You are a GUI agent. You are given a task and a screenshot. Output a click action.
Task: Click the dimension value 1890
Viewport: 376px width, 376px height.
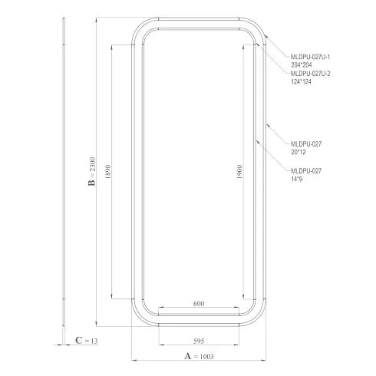tap(108, 172)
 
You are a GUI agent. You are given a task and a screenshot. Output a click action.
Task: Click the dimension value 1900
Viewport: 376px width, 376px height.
tap(239, 172)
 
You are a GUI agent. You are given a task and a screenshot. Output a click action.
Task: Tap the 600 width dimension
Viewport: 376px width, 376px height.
tap(199, 304)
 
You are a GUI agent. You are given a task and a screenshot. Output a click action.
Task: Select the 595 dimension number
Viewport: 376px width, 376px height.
tap(199, 341)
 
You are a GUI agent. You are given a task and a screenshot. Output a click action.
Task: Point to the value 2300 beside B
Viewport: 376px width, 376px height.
tap(92, 164)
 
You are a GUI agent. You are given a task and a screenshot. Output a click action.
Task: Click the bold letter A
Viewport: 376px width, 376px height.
tap(188, 356)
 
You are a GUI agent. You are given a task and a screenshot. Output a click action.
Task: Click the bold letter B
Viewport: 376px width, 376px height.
tap(92, 183)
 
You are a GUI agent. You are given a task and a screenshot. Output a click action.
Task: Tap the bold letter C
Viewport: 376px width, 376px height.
tap(79, 341)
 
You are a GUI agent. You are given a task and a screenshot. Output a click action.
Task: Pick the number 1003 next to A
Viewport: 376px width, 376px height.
tap(206, 357)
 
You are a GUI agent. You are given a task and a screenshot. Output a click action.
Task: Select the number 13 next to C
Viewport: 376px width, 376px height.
tap(94, 341)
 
